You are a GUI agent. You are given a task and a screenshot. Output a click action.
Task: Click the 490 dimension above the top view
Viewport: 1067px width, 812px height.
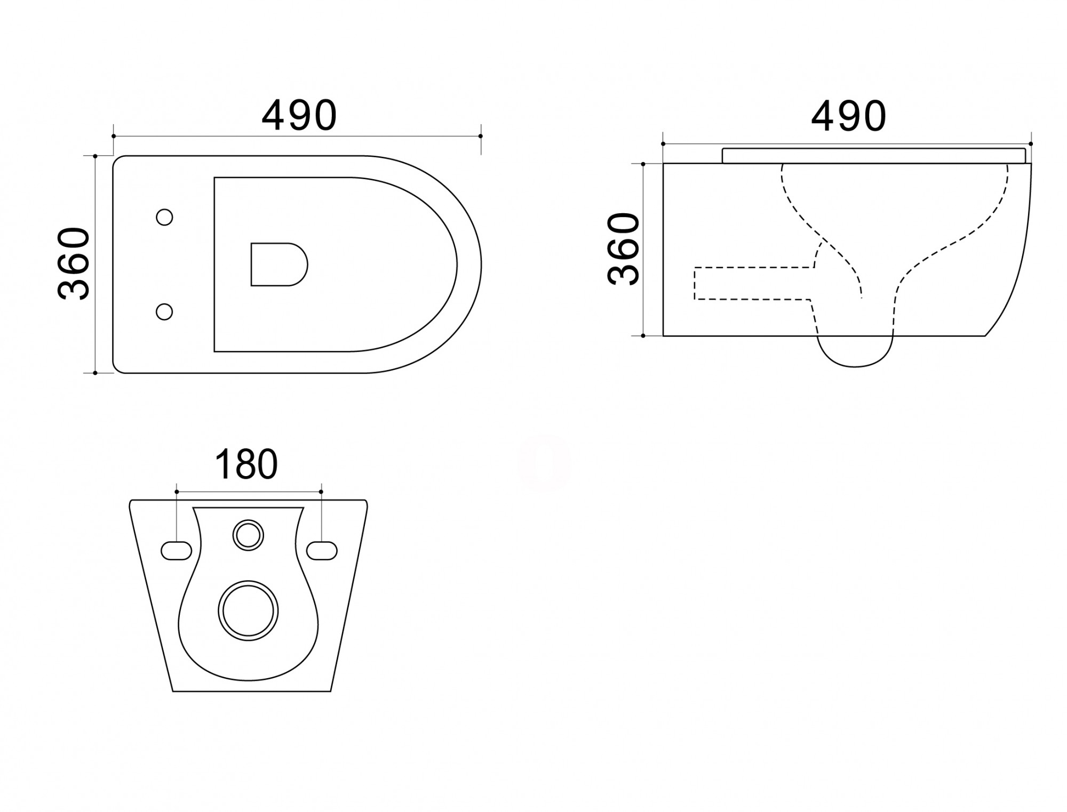299,115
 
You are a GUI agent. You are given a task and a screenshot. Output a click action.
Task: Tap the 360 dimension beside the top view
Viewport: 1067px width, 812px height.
74,263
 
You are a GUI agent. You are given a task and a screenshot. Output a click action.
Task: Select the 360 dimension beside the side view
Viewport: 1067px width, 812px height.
623,249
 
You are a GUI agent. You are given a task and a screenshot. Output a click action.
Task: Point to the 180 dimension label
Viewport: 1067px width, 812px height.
246,464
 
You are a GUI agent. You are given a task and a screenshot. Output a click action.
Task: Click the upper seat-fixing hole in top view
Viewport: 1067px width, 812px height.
164,217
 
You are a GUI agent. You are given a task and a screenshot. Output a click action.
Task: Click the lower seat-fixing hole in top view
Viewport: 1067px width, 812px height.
164,311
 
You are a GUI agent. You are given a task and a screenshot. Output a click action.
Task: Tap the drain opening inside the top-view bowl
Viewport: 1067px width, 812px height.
279,264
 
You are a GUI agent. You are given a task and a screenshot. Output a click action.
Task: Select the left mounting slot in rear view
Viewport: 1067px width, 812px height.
176,551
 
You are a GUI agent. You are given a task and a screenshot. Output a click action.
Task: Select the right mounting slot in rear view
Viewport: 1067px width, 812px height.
322,551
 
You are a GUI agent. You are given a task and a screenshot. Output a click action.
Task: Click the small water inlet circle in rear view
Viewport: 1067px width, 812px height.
248,535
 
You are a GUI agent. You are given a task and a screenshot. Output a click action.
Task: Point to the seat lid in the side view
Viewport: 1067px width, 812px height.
874,155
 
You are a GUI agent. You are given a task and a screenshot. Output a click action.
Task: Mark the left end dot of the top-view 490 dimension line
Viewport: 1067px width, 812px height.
114,136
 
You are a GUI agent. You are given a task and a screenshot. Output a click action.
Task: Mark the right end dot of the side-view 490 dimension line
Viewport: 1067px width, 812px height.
1031,144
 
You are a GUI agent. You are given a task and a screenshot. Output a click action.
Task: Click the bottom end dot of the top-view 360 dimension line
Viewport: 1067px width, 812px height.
95,373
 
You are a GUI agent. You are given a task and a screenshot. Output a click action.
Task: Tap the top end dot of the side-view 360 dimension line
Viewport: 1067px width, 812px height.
643,164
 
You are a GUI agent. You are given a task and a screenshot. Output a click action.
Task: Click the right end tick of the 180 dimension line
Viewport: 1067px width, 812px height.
321,492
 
